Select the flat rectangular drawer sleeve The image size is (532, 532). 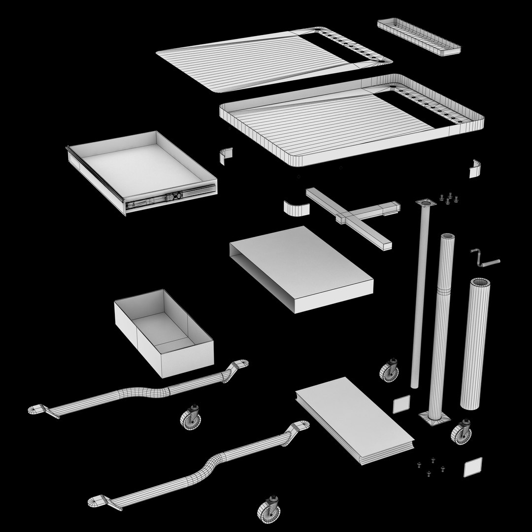[300, 268]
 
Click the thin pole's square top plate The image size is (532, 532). [426, 203]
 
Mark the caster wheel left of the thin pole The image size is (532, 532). [390, 369]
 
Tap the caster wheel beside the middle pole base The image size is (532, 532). [462, 432]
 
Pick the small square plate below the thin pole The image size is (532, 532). [401, 404]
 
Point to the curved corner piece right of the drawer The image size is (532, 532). [226, 155]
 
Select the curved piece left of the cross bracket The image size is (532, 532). [297, 208]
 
